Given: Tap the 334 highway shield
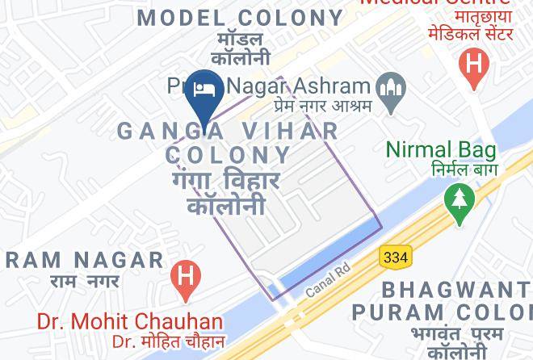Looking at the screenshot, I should click(x=395, y=257).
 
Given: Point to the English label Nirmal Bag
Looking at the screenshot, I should click(x=440, y=149).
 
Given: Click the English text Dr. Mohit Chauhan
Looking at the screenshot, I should click(x=129, y=321).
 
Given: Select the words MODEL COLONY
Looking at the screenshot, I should click(x=241, y=17).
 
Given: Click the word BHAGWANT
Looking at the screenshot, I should click(x=457, y=289).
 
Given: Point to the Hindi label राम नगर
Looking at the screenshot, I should click(x=84, y=281).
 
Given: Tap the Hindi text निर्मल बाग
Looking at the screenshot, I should click(x=452, y=170).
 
